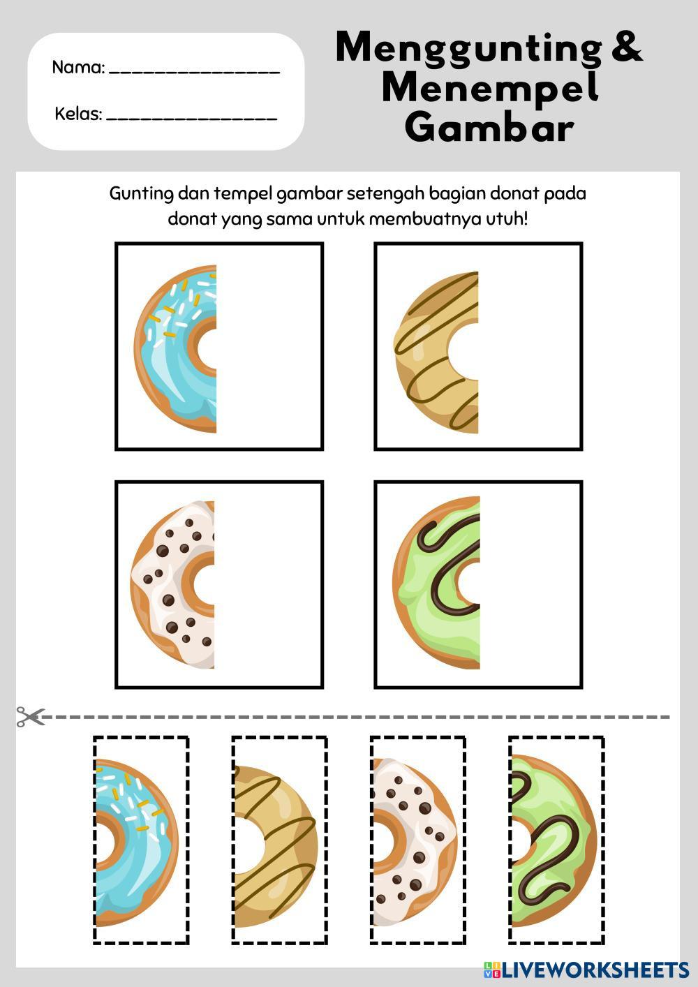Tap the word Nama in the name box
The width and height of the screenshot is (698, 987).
pyautogui.click(x=77, y=68)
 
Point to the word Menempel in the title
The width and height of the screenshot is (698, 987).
pyautogui.click(x=489, y=88)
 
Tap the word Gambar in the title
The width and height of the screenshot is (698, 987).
pyautogui.click(x=489, y=127)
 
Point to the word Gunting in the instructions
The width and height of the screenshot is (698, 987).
pyautogui.click(x=142, y=194)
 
